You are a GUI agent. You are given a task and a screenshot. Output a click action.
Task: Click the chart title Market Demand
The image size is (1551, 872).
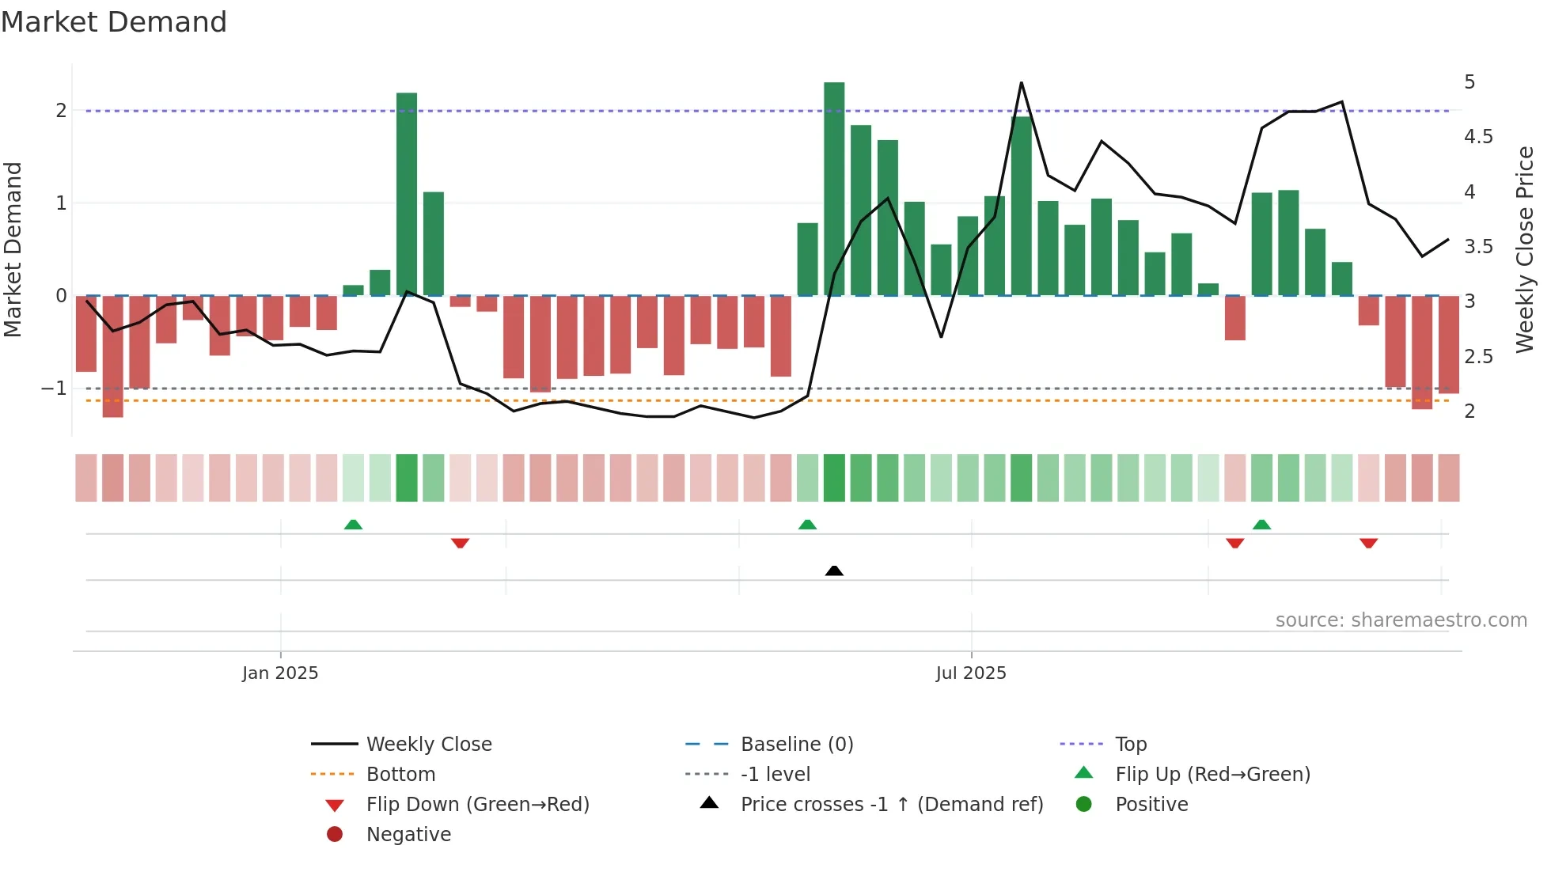114,22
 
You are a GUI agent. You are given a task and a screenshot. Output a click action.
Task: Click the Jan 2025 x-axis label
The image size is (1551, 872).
280,673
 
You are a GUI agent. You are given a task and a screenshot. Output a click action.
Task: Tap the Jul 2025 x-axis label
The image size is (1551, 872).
970,673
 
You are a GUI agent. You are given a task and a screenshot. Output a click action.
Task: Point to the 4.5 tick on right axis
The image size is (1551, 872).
1477,137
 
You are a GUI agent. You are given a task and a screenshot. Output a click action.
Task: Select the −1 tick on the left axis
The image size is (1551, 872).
55,389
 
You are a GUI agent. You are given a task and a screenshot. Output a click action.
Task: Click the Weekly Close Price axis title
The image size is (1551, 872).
1524,249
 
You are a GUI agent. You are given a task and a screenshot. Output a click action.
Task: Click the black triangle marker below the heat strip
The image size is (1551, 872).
834,571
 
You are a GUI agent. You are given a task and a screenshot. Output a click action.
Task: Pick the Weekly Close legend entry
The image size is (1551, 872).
428,744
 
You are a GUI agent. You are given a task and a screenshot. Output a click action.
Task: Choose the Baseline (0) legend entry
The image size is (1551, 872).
796,744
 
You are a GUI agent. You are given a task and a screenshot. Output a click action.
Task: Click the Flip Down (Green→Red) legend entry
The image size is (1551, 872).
477,804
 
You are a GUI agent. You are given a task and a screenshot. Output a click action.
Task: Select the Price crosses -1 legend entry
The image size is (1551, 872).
891,804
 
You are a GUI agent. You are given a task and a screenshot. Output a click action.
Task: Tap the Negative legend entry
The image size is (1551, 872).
408,834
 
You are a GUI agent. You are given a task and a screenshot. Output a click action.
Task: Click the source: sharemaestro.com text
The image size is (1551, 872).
1401,620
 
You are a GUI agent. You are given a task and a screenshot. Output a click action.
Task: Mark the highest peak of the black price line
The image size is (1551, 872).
1021,83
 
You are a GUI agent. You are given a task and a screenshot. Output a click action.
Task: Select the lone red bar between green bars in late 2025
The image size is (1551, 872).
1234,318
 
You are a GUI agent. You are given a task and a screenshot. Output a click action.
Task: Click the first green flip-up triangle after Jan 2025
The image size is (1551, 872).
353,525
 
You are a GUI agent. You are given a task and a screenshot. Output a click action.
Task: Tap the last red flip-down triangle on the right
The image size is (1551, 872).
1368,543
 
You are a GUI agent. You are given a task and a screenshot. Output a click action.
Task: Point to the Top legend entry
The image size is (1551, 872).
1130,744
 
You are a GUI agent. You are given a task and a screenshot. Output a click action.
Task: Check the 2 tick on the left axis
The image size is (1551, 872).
61,111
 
